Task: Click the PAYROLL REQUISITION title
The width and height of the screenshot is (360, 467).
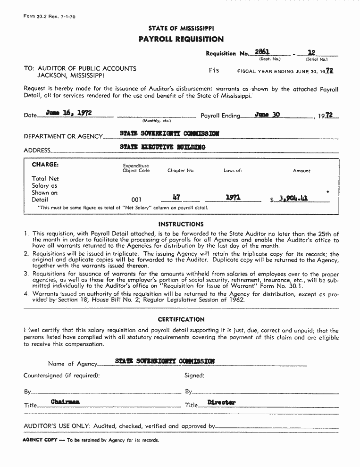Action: tap(181, 39)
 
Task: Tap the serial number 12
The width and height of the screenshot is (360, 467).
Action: tap(311, 52)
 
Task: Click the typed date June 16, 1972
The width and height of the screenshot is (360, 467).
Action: tap(68, 113)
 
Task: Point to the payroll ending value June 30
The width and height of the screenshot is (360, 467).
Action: tap(267, 114)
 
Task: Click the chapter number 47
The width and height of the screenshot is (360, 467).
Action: tap(177, 198)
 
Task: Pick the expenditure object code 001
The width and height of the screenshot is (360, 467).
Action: tap(136, 200)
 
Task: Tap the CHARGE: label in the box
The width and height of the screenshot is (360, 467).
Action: tap(45, 165)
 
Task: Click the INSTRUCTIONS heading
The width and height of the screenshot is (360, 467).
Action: tap(181, 224)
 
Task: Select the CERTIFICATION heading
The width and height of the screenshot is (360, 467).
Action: tap(181, 319)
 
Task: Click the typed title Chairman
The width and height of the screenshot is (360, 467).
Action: tap(65, 401)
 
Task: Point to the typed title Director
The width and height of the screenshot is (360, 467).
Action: tap(221, 402)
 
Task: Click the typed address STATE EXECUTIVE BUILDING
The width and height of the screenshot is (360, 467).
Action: tap(163, 147)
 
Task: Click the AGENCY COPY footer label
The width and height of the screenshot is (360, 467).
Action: tap(40, 440)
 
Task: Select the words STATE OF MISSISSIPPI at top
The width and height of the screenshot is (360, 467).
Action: tap(181, 28)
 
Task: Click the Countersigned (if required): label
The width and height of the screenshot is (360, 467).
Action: tap(62, 375)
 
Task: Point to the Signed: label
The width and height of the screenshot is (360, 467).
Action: tap(194, 375)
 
